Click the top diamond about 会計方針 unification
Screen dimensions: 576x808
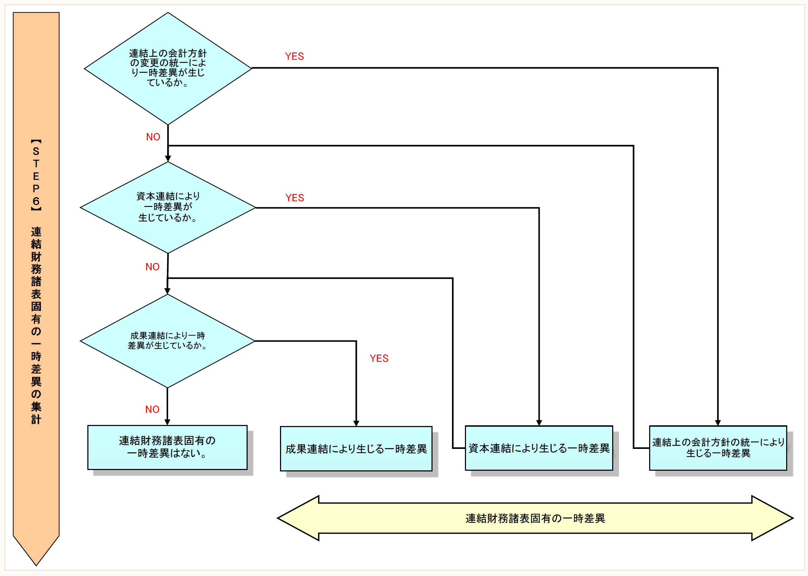[x=168, y=68]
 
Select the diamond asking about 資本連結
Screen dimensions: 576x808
[x=168, y=207]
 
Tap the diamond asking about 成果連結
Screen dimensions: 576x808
[x=168, y=340]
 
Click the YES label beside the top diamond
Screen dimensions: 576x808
[x=294, y=56]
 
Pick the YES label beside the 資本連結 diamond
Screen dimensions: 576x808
[x=294, y=198]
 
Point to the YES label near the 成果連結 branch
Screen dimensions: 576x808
[x=379, y=358]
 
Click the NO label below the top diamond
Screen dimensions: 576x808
[x=153, y=137]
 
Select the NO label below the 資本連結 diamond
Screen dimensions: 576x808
[x=152, y=267]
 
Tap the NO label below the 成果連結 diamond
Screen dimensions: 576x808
[x=152, y=409]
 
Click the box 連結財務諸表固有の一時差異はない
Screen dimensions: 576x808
[x=167, y=447]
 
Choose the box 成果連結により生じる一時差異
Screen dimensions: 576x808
[x=356, y=449]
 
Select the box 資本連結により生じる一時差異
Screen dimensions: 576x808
[x=539, y=448]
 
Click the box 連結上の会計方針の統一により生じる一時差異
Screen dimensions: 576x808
[x=717, y=447]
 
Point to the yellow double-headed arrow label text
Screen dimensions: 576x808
[x=535, y=519]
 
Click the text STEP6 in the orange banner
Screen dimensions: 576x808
[x=36, y=176]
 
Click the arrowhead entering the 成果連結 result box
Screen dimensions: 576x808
[x=356, y=423]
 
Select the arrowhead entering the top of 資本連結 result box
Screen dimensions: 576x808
[x=539, y=422]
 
